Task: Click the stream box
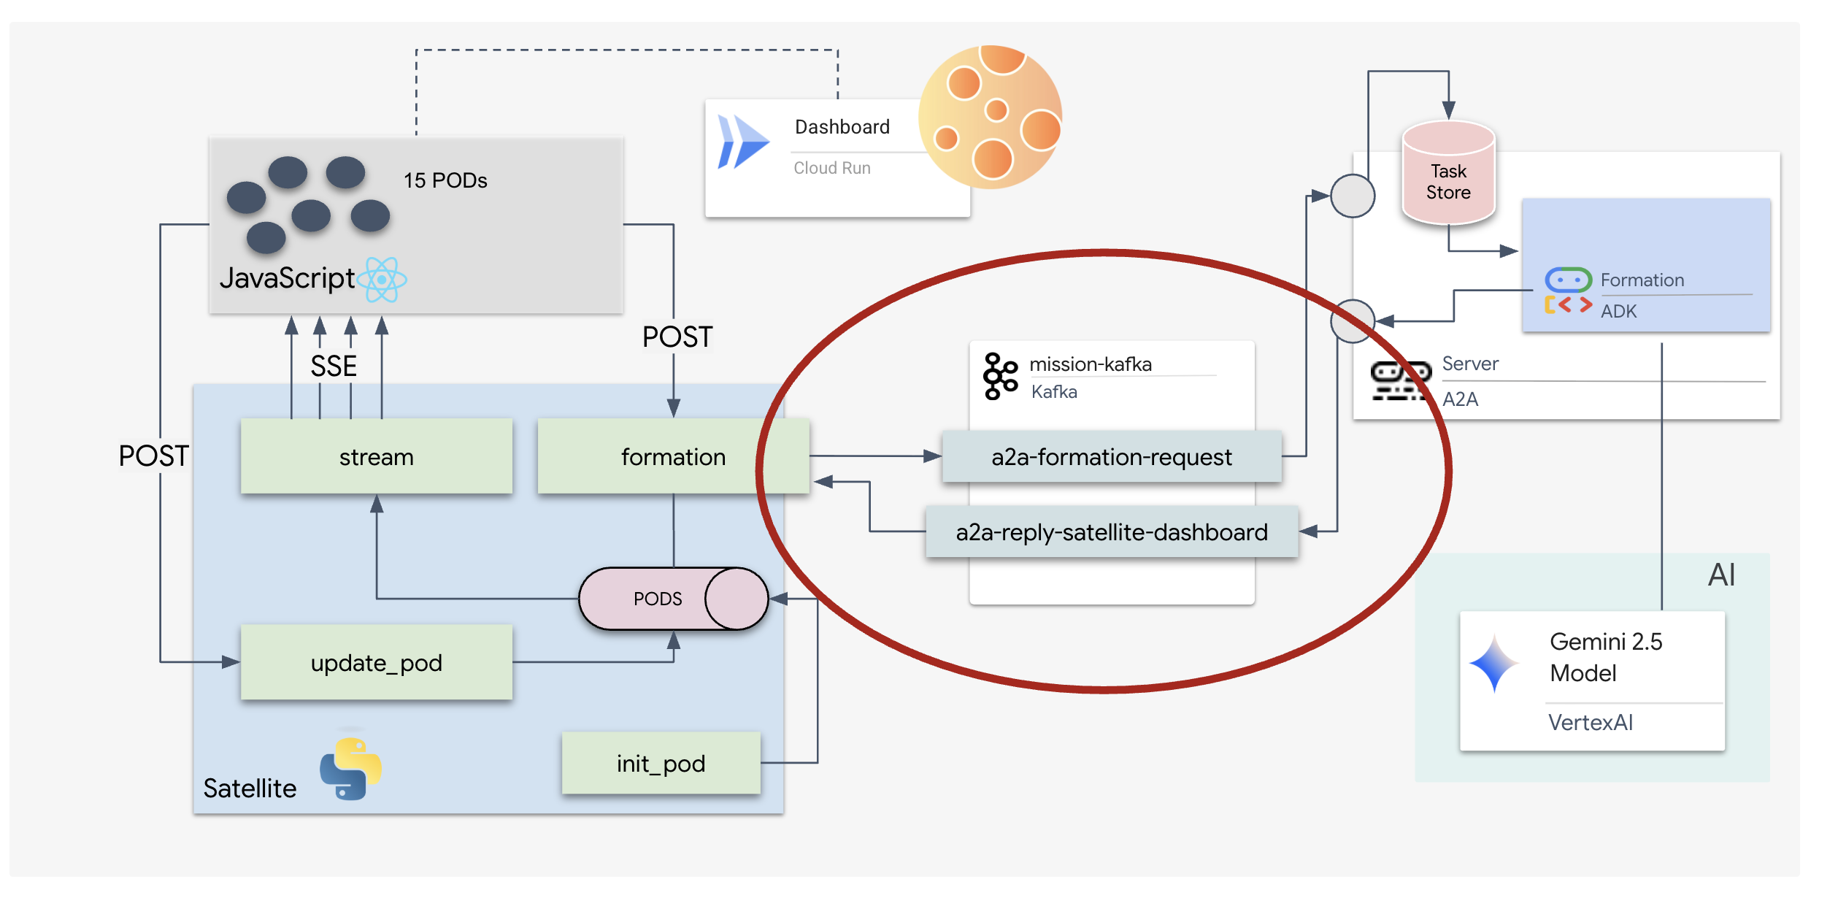(376, 456)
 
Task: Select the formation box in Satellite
(672, 456)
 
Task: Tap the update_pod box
(376, 662)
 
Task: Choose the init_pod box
(661, 763)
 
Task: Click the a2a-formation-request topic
(1111, 456)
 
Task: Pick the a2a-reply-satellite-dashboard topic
(1111, 531)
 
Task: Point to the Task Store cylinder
(1448, 175)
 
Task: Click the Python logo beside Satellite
(350, 769)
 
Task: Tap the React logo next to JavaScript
(382, 280)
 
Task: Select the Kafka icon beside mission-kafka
(1000, 376)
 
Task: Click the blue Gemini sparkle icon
(1494, 663)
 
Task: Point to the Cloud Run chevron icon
(742, 142)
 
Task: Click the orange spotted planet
(990, 117)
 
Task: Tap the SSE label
(334, 366)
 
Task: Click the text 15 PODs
(445, 180)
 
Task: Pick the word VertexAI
(1590, 722)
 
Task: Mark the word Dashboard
(842, 127)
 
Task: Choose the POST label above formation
(677, 337)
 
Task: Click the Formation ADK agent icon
(1568, 291)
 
